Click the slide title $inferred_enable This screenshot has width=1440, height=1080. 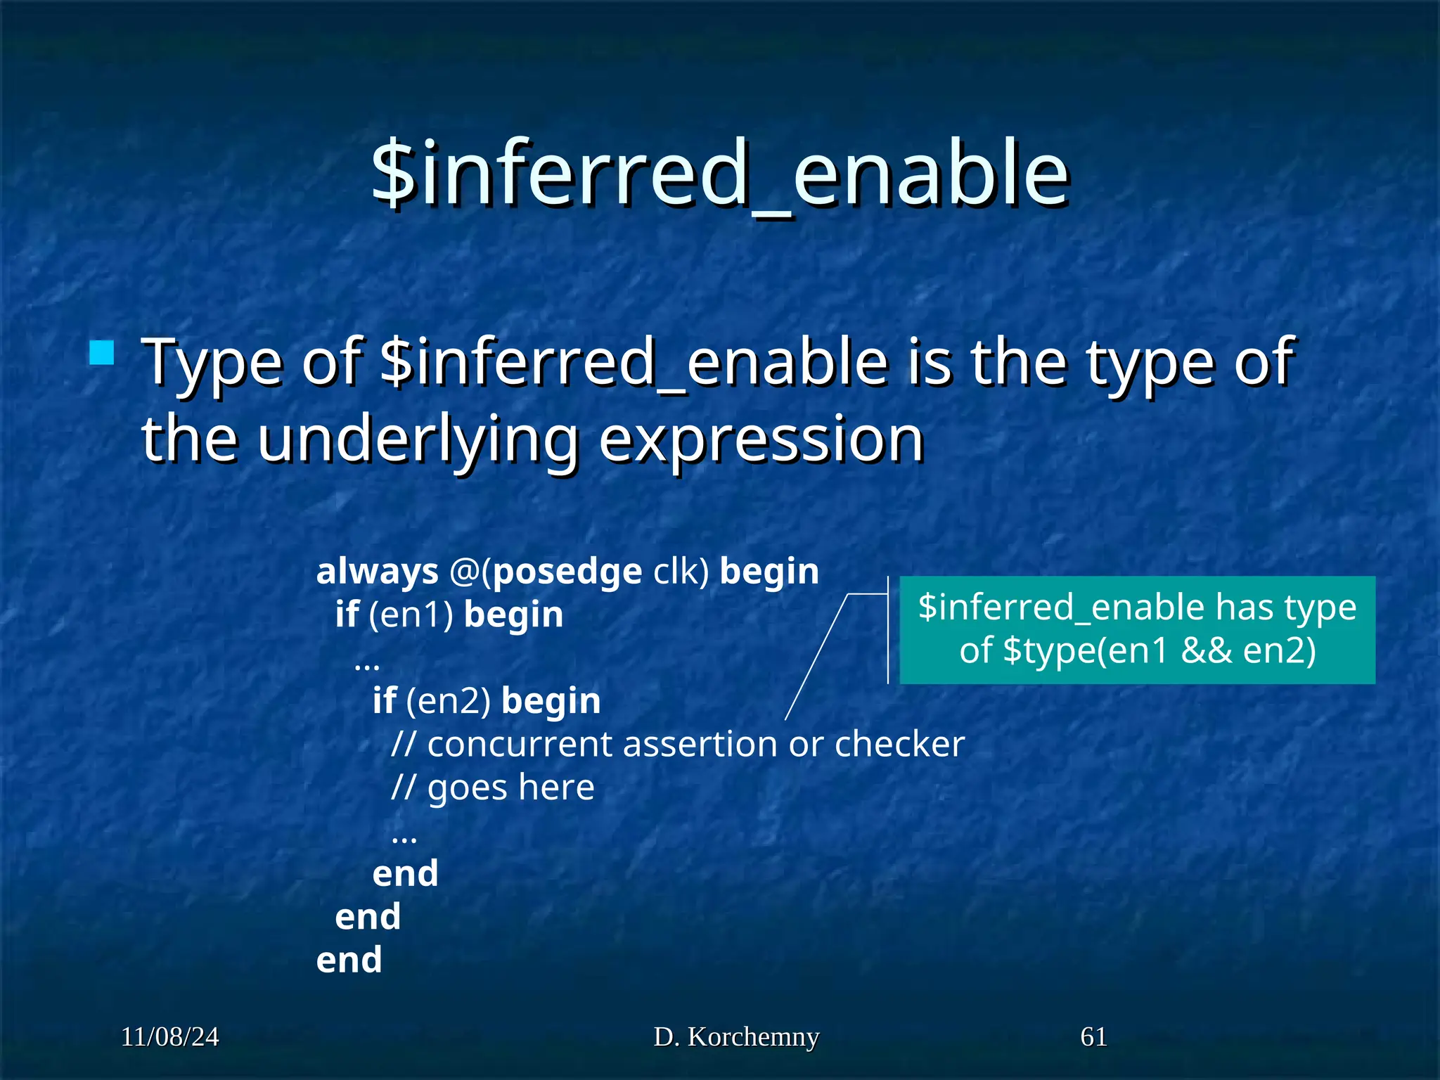tap(720, 174)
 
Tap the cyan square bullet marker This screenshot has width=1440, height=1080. tap(102, 352)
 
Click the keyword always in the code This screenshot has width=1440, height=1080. tap(378, 572)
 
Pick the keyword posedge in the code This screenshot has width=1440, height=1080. tap(567, 572)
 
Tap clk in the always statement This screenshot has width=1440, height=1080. tap(676, 572)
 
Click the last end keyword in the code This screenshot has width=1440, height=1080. tap(349, 960)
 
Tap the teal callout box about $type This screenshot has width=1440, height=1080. tap(1137, 629)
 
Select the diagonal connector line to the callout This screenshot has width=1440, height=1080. tap(816, 657)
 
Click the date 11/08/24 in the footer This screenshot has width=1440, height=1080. tap(170, 1037)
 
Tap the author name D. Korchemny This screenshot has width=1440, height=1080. tap(736, 1037)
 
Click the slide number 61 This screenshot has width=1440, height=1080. tap(1093, 1037)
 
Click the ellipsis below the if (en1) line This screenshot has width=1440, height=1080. tap(367, 664)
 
